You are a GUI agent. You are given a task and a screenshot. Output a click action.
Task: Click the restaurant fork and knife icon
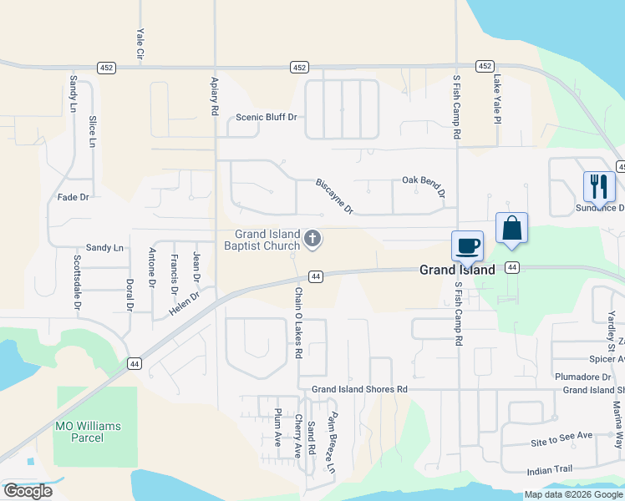click(x=597, y=186)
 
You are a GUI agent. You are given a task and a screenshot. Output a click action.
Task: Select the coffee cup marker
click(x=467, y=246)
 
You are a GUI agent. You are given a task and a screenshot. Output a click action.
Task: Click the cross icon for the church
click(x=312, y=240)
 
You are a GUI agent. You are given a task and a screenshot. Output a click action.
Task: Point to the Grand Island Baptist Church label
click(x=262, y=240)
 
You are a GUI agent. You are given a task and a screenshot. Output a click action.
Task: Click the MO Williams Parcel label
click(x=87, y=432)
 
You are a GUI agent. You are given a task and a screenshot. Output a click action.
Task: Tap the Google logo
click(x=28, y=491)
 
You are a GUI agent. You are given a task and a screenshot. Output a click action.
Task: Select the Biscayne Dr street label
click(x=335, y=196)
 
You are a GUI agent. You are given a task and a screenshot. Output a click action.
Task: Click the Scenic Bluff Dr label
click(x=267, y=117)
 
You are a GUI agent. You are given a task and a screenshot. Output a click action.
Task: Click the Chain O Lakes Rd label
click(x=297, y=323)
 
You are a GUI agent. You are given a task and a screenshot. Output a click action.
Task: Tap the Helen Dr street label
click(x=185, y=303)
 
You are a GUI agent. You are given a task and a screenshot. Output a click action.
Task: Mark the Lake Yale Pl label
click(x=496, y=100)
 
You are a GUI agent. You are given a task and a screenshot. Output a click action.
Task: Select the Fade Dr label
click(x=73, y=197)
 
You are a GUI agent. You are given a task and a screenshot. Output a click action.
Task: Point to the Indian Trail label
click(x=550, y=470)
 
